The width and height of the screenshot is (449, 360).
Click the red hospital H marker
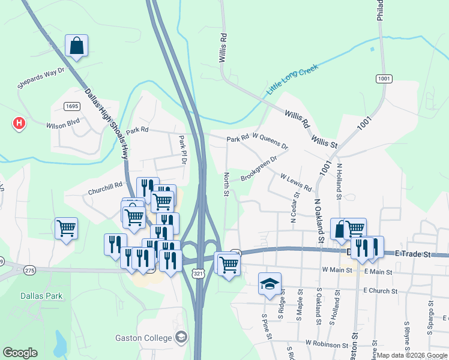pos(19,124)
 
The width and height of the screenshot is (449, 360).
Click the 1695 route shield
pos(71,106)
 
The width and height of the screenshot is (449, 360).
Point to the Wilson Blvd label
pos(63,125)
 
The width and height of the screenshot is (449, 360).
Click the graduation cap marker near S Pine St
pos(270,283)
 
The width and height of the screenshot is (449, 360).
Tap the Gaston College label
pos(144,338)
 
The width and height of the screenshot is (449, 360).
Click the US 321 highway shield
pos(197,273)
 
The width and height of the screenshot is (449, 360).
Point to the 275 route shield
pos(30,271)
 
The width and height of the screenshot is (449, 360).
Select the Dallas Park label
pos(41,296)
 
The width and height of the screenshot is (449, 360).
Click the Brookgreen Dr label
pos(259,169)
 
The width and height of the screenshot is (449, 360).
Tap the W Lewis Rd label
pos(296,182)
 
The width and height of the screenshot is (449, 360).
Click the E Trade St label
pos(414,254)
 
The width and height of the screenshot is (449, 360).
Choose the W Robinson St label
pos(327,344)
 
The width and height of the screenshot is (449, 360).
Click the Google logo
pos(20,353)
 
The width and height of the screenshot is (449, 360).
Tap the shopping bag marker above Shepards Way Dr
pos(77,46)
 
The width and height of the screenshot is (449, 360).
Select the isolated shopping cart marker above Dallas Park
pos(66,228)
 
